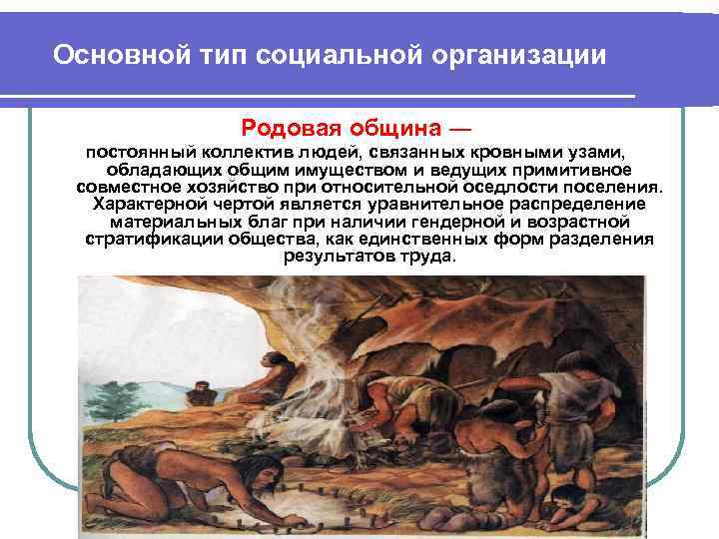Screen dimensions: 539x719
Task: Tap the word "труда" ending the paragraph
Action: tap(429, 256)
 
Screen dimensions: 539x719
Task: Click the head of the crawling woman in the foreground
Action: tap(204, 489)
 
